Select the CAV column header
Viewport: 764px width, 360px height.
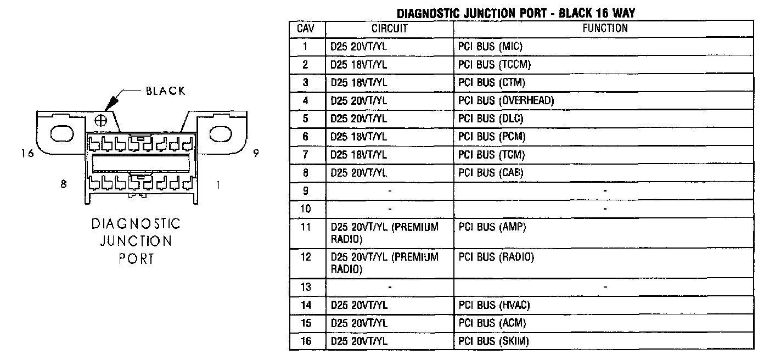(306, 29)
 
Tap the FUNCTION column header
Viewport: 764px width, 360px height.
(605, 29)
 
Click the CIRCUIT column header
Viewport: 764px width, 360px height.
(389, 29)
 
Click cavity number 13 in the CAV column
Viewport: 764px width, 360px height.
(306, 287)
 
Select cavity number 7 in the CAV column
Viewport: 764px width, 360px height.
(306, 155)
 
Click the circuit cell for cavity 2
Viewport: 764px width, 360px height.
(359, 65)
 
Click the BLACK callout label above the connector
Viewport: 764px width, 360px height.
(166, 91)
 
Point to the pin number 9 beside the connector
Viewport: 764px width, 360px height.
(256, 154)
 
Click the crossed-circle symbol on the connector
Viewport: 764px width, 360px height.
(102, 120)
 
